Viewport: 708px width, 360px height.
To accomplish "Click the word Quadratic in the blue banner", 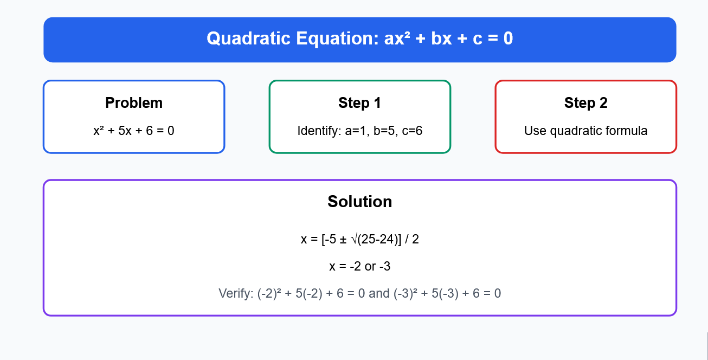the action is [x=248, y=38].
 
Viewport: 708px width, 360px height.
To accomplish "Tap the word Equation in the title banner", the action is [x=337, y=38].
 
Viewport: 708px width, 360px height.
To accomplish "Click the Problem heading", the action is [x=134, y=103].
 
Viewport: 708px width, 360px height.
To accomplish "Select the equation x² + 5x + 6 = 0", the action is [x=134, y=131].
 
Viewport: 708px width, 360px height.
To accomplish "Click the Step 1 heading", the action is [x=359, y=103].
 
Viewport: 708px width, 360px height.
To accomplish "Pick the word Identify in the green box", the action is [x=319, y=131].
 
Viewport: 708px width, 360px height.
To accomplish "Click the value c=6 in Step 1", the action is [x=412, y=131].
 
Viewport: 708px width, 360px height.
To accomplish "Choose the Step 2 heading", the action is [x=585, y=103].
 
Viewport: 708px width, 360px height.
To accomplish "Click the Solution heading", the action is [x=359, y=202].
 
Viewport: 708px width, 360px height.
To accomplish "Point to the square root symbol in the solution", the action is [x=355, y=239].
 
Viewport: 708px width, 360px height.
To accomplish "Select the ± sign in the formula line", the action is [x=343, y=240].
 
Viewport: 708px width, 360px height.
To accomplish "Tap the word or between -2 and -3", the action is [x=370, y=267].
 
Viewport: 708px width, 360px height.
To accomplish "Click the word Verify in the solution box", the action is [x=236, y=293].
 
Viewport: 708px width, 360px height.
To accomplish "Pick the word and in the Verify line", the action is [x=379, y=293].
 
